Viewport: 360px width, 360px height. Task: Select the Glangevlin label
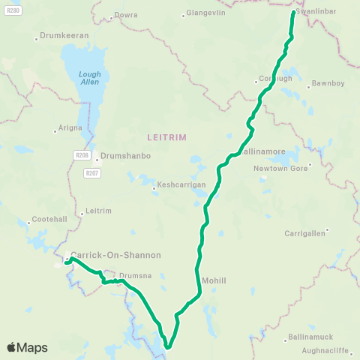point(205,13)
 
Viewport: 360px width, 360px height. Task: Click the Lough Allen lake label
point(90,77)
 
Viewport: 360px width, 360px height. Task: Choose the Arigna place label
point(68,128)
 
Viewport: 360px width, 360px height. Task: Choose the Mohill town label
point(214,280)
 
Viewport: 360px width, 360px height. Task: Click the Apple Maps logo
point(28,347)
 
